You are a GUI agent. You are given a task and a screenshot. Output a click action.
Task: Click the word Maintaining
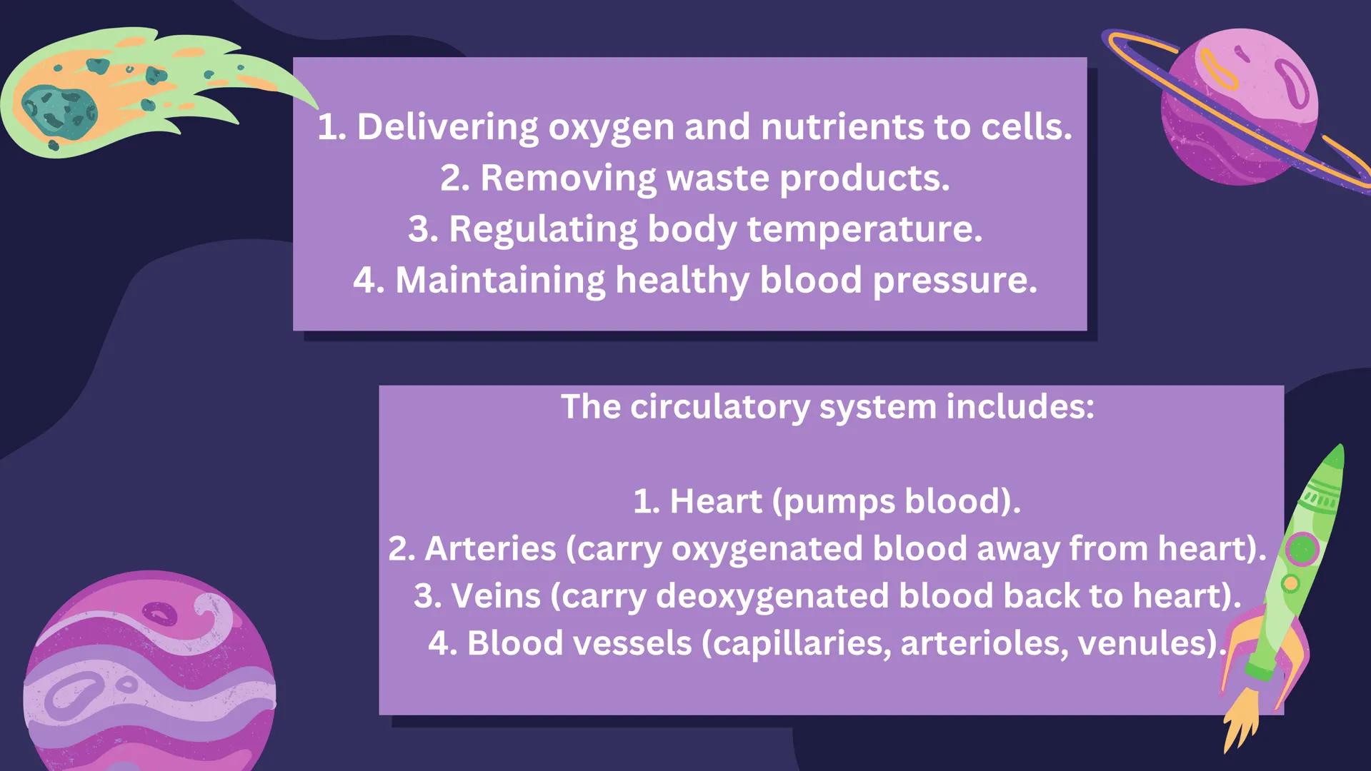pyautogui.click(x=500, y=280)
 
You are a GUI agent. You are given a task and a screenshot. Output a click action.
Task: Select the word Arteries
pyautogui.click(x=490, y=549)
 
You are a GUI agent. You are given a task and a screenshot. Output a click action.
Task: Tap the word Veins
pyautogui.click(x=496, y=596)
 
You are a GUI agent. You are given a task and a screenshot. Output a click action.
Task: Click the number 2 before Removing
pyautogui.click(x=454, y=178)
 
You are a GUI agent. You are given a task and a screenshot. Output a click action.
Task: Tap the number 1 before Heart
pyautogui.click(x=644, y=501)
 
